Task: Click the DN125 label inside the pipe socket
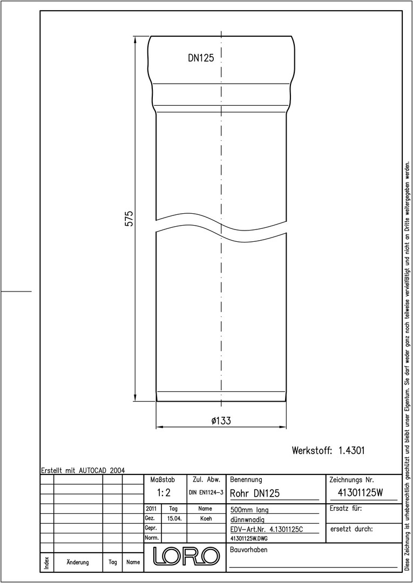click(x=201, y=58)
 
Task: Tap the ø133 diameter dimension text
click(x=221, y=421)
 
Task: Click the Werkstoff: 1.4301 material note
click(x=328, y=451)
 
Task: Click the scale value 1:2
click(x=164, y=493)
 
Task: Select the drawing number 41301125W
click(x=360, y=492)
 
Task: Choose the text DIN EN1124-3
click(x=206, y=493)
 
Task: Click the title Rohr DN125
click(x=255, y=493)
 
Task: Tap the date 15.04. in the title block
click(x=174, y=518)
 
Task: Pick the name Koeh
click(x=206, y=518)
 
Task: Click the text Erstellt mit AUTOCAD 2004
click(x=83, y=470)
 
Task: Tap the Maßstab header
click(x=163, y=479)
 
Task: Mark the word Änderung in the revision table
click(x=78, y=562)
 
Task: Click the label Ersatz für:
click(x=346, y=509)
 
